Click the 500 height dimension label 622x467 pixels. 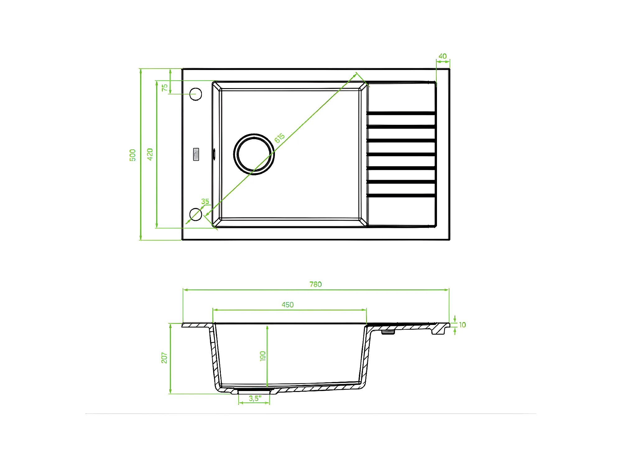pos(132,155)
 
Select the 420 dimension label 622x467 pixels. pos(150,154)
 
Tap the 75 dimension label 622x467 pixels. pos(165,87)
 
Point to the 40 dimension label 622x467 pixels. pos(442,56)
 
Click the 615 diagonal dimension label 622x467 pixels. pos(279,138)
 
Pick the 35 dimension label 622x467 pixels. pos(205,201)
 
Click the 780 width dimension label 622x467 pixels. pos(315,284)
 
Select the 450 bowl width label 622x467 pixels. pos(287,305)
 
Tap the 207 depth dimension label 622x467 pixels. pos(164,358)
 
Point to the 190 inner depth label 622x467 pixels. pos(263,356)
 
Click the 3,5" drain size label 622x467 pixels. pos(255,399)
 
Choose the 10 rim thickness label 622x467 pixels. pos(462,325)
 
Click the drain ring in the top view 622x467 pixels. pos(254,154)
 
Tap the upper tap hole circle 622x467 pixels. pos(196,94)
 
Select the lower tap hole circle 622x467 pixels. pos(196,215)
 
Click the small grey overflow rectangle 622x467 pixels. pos(196,154)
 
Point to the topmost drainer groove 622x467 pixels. pos(401,113)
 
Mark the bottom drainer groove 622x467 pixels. pos(401,196)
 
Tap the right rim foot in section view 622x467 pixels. pos(439,330)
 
